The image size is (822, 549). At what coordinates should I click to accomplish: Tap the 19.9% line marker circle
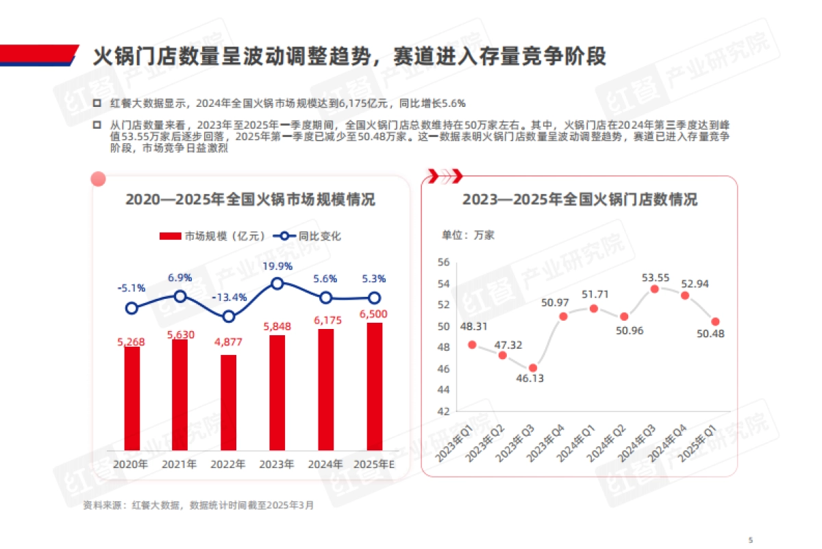[x=277, y=283]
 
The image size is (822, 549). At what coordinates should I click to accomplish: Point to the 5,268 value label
[x=132, y=339]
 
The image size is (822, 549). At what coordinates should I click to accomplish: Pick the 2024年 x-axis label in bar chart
[x=325, y=464]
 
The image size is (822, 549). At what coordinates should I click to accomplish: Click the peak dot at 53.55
[x=655, y=289]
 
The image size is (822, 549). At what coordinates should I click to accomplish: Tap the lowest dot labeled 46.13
[x=533, y=368]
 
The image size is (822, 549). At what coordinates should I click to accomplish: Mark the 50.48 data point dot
[x=715, y=321]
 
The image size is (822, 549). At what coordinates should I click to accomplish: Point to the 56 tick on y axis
[x=443, y=262]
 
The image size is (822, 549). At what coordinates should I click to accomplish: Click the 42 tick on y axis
[x=443, y=411]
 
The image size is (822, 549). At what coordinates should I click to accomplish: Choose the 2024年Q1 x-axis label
[x=579, y=443]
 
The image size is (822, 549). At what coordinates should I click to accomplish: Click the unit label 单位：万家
[x=468, y=234]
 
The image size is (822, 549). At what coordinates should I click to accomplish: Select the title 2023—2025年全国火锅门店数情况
[x=580, y=200]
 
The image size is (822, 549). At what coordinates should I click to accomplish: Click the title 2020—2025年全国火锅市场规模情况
[x=250, y=200]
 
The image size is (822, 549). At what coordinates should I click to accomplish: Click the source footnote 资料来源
[x=198, y=505]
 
